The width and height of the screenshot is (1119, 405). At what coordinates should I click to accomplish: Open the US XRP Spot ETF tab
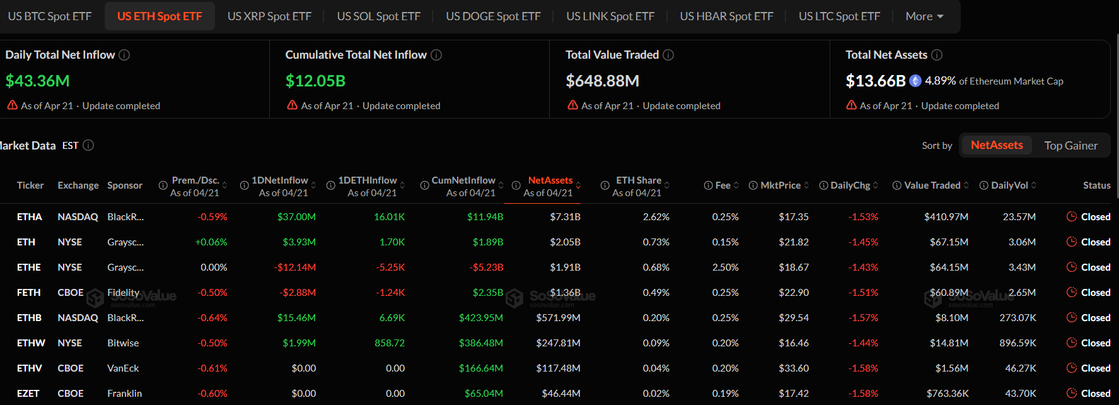pos(269,16)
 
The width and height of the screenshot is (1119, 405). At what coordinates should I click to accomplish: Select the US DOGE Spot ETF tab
pos(493,16)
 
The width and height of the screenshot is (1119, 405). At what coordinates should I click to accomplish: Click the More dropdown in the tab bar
pos(924,16)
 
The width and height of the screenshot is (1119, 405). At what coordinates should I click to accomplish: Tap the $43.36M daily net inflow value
pos(38,81)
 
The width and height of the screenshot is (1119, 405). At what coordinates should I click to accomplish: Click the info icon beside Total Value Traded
pos(669,55)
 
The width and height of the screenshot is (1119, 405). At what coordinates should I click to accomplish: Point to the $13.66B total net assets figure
pos(875,81)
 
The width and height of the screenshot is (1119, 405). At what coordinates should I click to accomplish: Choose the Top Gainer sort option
pos(1070,146)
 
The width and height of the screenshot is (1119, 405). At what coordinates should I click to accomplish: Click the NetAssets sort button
pos(996,145)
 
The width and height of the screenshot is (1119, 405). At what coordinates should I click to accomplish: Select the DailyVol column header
pos(1009,185)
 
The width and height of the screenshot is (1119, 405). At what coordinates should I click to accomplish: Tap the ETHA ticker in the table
pos(30,217)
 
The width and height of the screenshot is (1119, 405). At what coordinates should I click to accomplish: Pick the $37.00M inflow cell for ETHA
pos(296,217)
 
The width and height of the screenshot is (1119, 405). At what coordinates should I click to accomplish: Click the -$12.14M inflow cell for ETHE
pos(295,267)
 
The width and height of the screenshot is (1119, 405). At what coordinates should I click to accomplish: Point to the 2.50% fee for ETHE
pos(725,267)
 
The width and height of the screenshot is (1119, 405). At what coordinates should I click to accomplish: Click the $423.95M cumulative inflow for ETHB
pos(480,318)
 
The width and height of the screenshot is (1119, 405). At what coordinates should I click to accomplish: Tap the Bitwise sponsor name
pos(123,343)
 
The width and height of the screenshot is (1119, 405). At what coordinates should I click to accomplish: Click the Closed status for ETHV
pos(1095,368)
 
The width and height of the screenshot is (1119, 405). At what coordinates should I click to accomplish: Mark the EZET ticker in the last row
pos(28,394)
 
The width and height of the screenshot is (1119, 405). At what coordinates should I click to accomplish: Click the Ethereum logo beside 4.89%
pos(915,81)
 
